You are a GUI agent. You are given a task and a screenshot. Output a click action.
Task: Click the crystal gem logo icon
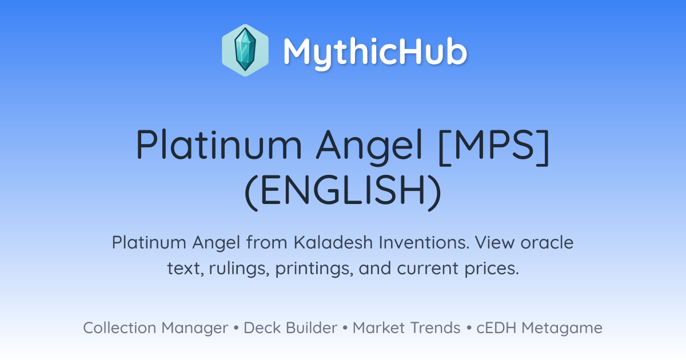coord(245,50)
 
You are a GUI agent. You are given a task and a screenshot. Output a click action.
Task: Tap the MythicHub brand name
coord(375,52)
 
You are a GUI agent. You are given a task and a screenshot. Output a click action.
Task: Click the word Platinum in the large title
coord(219,144)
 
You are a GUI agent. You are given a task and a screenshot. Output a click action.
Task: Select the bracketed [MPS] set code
coord(494,146)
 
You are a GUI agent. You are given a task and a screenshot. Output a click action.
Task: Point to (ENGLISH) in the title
coord(343,190)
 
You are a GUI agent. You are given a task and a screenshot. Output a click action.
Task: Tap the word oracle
coord(547,242)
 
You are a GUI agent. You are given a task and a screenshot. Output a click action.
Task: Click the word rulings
coord(240,269)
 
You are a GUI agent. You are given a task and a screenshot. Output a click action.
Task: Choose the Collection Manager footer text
coord(155,328)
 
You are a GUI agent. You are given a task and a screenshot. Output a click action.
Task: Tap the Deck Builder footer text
coord(290,327)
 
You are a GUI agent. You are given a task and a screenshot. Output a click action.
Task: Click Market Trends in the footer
coord(406,327)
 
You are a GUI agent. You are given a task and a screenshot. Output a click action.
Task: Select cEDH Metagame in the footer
coord(539,328)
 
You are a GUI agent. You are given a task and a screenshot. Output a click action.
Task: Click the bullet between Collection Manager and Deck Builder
coord(236,328)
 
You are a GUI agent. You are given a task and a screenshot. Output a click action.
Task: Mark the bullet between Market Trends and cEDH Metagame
coord(469,328)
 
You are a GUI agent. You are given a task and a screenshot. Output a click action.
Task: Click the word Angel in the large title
coord(369,147)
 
